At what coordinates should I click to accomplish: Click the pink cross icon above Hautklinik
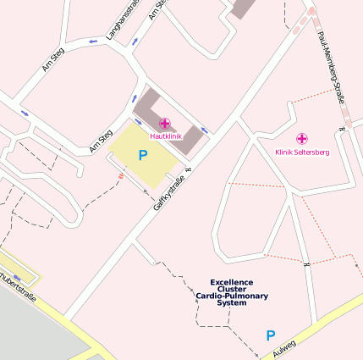point(164,124)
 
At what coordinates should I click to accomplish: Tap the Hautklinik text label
point(165,136)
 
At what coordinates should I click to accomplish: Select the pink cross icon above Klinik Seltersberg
point(301,138)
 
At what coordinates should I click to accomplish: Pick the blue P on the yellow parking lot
point(143,155)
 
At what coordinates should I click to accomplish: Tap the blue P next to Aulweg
point(271,335)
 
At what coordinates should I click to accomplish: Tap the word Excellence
point(232,282)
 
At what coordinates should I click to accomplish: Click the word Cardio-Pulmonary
point(232,296)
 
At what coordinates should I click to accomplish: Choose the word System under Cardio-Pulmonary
point(232,302)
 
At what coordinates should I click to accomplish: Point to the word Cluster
point(232,289)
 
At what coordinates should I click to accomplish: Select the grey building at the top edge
point(243,8)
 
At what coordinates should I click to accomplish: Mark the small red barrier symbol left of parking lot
point(121,177)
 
